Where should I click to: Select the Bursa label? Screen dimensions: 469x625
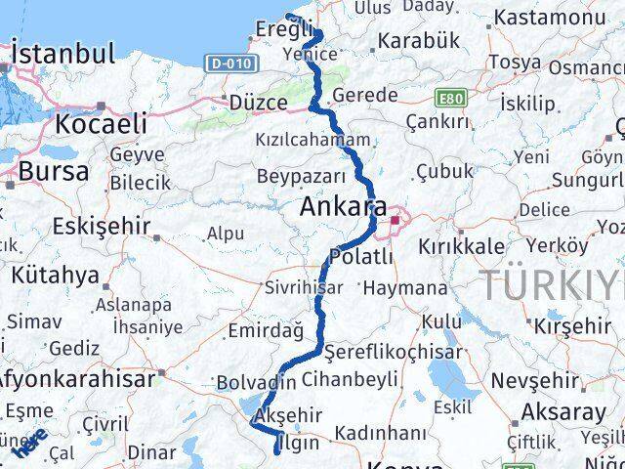(54, 172)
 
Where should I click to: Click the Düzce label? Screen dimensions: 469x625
(259, 102)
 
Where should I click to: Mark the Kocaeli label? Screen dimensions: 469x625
(102, 124)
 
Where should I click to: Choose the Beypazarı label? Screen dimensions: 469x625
(302, 176)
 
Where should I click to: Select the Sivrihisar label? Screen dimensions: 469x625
(304, 288)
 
